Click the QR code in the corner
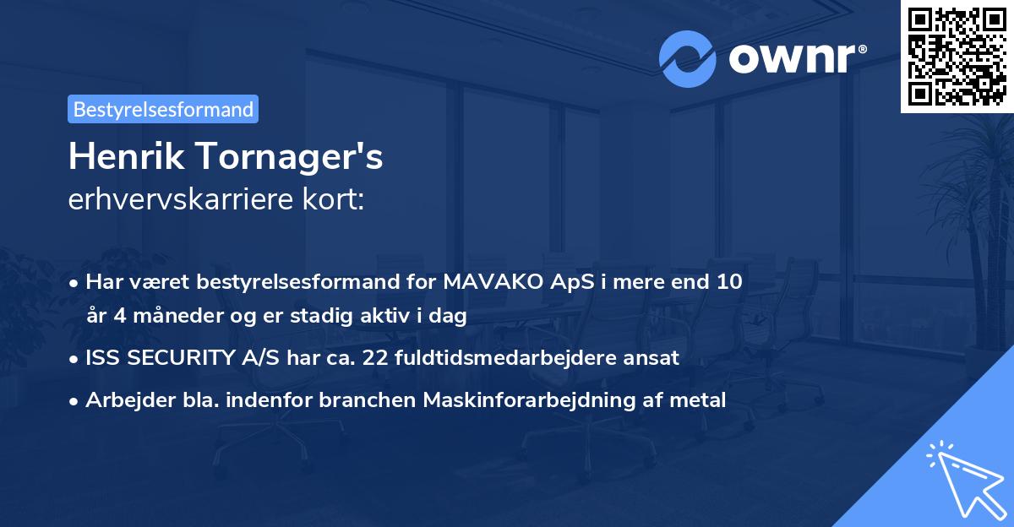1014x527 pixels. coord(957,56)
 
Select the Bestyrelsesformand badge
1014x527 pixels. coord(163,109)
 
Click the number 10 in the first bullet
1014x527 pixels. coord(728,281)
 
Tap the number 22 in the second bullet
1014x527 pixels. coord(376,357)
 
